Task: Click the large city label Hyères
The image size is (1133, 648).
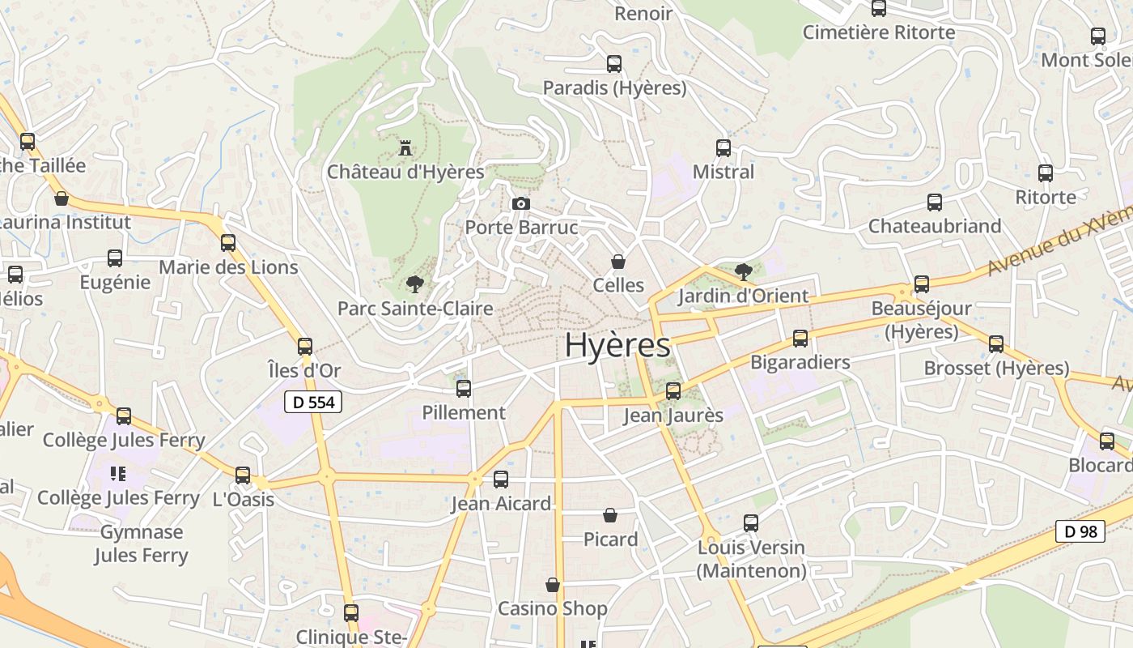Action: pyautogui.click(x=617, y=345)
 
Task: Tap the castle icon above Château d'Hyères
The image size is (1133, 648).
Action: pyautogui.click(x=405, y=148)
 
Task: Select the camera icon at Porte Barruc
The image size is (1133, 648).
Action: pyautogui.click(x=521, y=203)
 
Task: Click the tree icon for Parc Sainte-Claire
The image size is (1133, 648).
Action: pyautogui.click(x=415, y=284)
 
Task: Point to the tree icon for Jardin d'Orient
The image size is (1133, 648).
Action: pyautogui.click(x=743, y=271)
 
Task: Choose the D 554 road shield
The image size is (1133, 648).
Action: pyautogui.click(x=314, y=402)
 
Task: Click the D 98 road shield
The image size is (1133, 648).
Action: pyautogui.click(x=1080, y=531)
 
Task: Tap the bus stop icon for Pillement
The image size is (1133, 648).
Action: pyautogui.click(x=464, y=389)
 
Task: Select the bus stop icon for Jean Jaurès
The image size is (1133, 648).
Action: pyautogui.click(x=673, y=391)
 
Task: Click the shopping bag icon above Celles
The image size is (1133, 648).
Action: pyautogui.click(x=618, y=262)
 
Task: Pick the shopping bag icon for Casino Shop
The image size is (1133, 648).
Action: pyautogui.click(x=553, y=585)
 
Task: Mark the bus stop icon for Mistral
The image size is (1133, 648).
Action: pyautogui.click(x=724, y=148)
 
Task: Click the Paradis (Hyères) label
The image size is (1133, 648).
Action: pyautogui.click(x=614, y=87)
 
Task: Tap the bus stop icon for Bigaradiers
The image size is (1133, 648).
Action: pyautogui.click(x=800, y=339)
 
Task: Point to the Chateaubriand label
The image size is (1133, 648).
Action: pyautogui.click(x=935, y=226)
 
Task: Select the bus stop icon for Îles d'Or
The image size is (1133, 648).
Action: pyautogui.click(x=305, y=347)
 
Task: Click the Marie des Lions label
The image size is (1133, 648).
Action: pyautogui.click(x=228, y=266)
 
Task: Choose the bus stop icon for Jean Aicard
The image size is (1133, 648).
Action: pyautogui.click(x=501, y=480)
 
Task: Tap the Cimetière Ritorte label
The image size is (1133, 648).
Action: pyautogui.click(x=879, y=32)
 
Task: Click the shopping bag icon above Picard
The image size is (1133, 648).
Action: pyautogui.click(x=610, y=515)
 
